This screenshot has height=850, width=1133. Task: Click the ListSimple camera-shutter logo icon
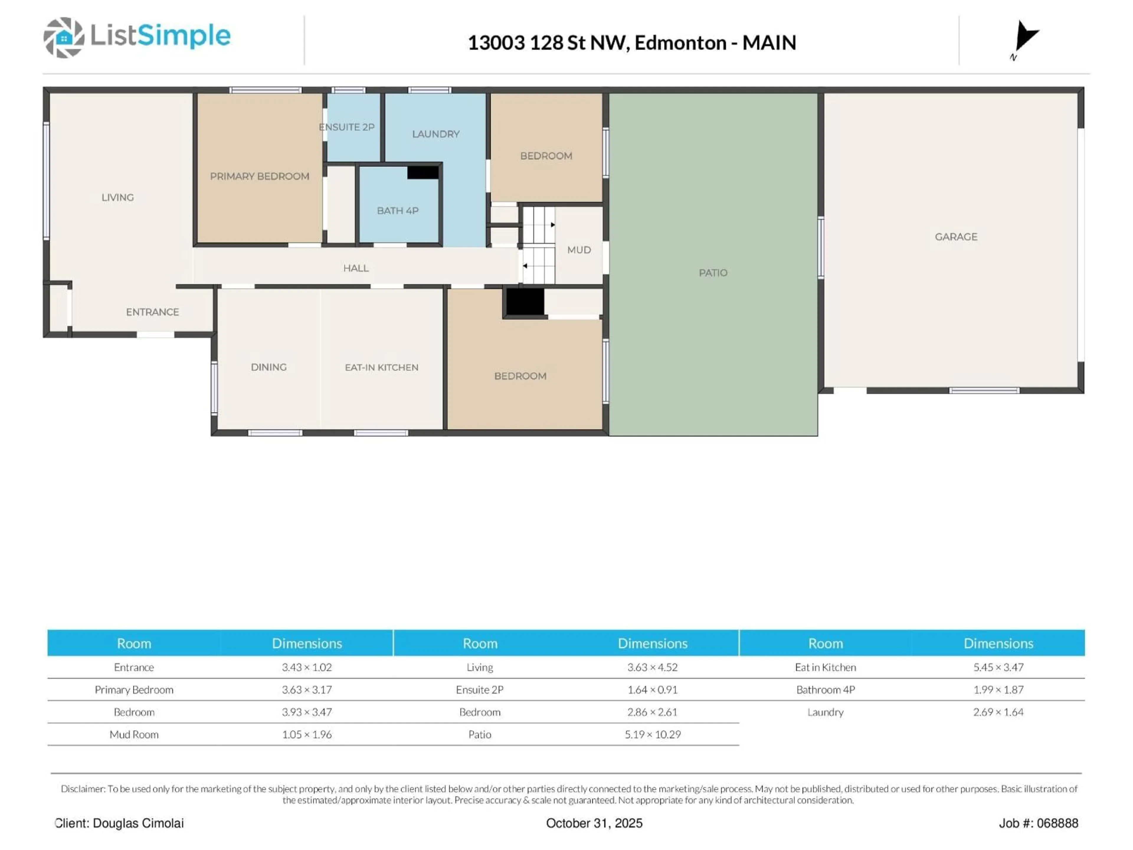63,37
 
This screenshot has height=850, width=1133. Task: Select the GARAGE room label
956,237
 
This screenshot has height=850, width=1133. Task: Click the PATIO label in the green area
713,273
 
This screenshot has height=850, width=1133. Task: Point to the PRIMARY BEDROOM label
260,176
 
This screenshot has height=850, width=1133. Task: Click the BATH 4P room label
397,210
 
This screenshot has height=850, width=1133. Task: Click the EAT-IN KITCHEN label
382,367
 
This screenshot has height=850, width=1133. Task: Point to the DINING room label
268,367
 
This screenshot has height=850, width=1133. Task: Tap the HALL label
356,268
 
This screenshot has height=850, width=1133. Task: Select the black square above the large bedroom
525,302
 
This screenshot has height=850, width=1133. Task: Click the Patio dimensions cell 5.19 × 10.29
653,734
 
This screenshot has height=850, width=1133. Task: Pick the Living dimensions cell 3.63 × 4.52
653,667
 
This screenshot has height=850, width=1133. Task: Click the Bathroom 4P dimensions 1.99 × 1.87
998,690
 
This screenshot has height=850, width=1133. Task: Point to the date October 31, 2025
594,823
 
